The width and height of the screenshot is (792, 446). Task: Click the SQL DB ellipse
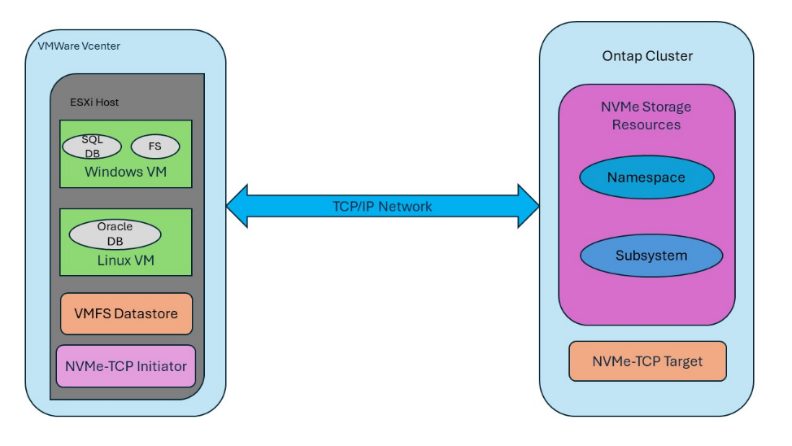tap(92, 146)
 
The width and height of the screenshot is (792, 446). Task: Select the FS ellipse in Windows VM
tap(154, 147)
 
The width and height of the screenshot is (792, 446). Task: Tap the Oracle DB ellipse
tap(115, 234)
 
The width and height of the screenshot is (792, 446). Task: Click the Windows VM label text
tap(125, 173)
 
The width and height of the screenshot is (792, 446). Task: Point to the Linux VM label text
tap(125, 260)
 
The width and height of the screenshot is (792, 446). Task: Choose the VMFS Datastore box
tap(126, 313)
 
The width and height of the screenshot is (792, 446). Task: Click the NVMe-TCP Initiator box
tap(126, 366)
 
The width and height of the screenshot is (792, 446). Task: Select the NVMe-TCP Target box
tap(647, 361)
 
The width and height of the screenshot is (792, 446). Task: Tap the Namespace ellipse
tap(646, 177)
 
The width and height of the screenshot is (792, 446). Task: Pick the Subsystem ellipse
tap(651, 256)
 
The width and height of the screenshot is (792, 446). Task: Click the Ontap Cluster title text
tap(647, 56)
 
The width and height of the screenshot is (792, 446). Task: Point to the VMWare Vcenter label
tap(79, 46)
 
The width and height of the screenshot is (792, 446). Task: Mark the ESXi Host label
tap(94, 103)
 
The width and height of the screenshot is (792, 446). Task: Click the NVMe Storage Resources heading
tap(646, 116)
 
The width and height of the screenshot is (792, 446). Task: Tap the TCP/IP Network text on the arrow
tap(382, 207)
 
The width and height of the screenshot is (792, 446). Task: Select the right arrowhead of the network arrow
tap(529, 206)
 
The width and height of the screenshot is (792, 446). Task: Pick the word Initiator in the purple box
tap(159, 366)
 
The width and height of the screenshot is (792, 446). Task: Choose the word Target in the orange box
tap(681, 361)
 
